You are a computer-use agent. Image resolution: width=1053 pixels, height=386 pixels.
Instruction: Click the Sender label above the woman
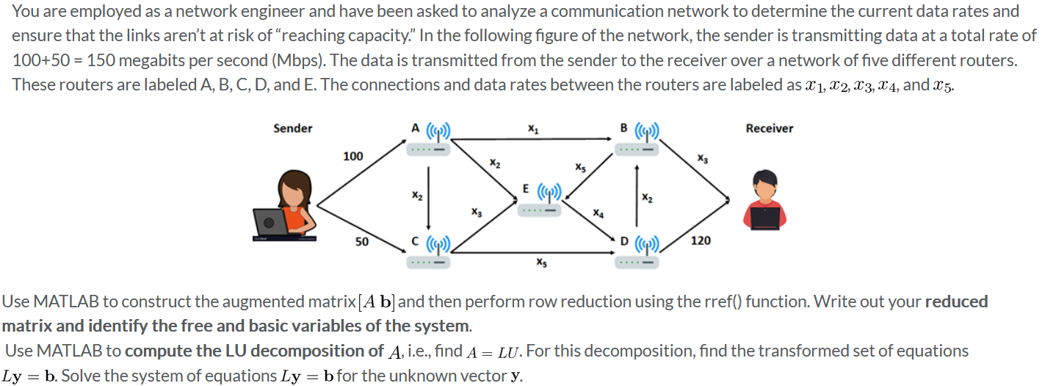[292, 129]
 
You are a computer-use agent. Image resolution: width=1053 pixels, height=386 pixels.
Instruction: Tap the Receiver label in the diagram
[769, 129]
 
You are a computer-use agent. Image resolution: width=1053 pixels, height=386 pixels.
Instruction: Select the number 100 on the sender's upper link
[352, 156]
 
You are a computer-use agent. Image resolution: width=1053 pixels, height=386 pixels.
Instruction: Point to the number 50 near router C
[362, 241]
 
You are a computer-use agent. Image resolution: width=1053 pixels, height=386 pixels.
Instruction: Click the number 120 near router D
[701, 240]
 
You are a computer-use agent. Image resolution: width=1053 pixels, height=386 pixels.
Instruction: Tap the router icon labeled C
[430, 253]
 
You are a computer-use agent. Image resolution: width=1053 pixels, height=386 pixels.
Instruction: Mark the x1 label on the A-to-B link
[532, 129]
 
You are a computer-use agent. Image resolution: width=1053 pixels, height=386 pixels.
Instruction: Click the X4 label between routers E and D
[598, 213]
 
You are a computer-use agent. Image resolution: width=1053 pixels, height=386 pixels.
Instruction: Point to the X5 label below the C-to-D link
[540, 262]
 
